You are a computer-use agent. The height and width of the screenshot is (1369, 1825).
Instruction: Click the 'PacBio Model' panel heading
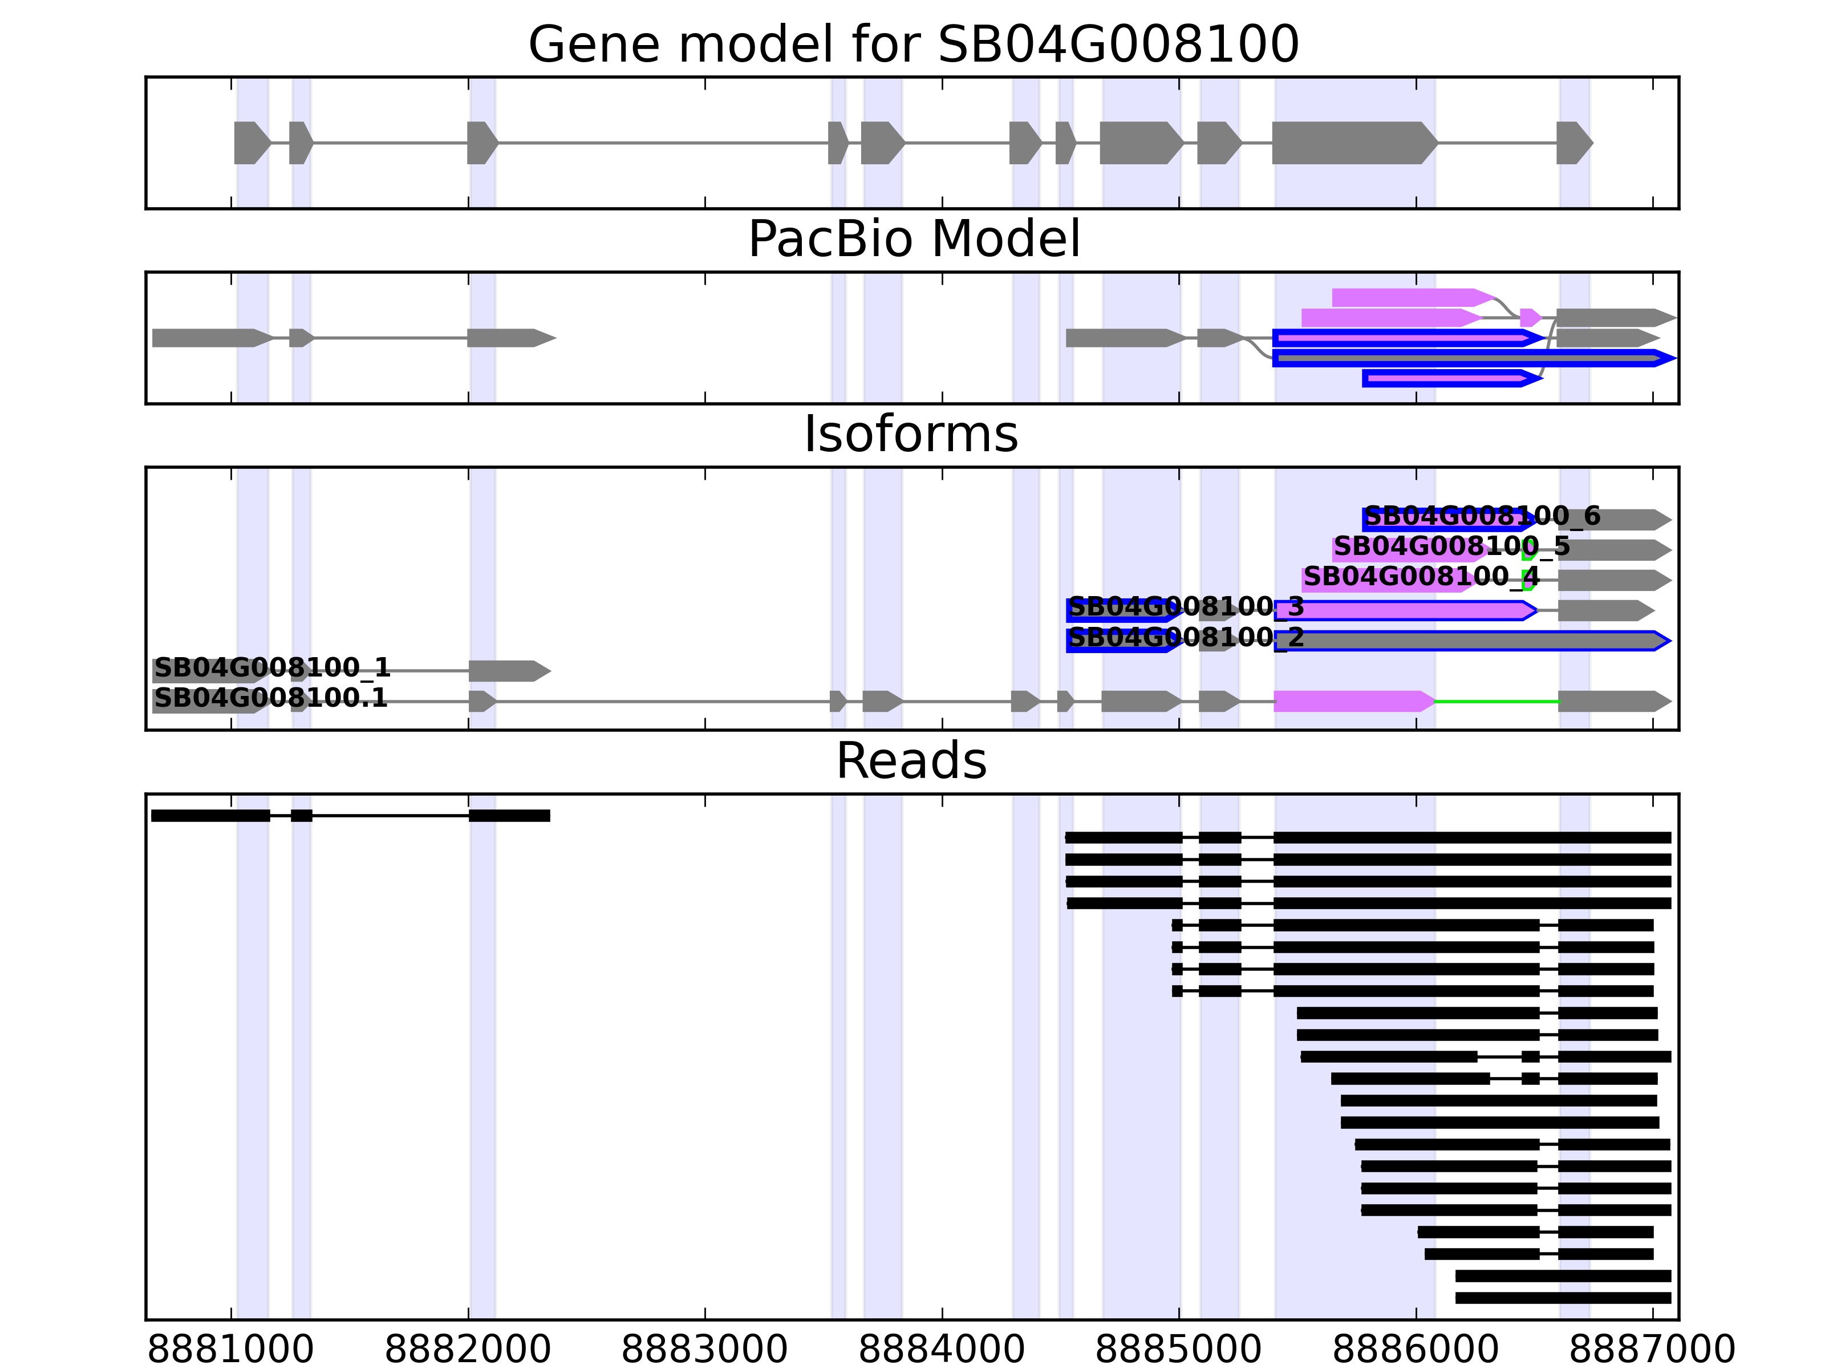tap(913, 240)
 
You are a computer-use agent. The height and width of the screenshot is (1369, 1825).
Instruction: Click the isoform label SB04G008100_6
tap(1482, 517)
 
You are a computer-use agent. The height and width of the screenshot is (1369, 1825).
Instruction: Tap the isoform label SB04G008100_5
tap(1451, 546)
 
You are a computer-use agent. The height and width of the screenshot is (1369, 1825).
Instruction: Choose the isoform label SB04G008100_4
tap(1421, 577)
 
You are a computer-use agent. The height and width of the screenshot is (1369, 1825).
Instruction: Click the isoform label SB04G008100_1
tap(272, 667)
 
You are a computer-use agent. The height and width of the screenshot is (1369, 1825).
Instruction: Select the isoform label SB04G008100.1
tap(271, 698)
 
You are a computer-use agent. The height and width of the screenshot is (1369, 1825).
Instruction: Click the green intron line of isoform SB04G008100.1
tap(1496, 702)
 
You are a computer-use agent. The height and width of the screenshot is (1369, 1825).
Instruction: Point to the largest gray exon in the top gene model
tap(1353, 143)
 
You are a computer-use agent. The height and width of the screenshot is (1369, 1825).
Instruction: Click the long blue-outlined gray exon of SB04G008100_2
tap(1469, 641)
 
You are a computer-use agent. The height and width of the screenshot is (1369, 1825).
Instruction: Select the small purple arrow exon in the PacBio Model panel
tap(1530, 318)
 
